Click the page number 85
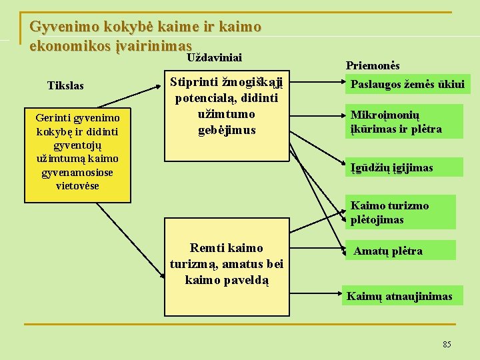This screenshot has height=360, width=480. [447, 344]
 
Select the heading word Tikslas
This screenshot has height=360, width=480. [66, 86]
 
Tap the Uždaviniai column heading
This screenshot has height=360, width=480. [214, 58]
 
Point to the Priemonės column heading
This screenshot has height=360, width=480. [373, 65]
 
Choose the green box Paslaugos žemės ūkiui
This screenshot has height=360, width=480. [407, 85]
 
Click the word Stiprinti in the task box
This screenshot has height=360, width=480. [193, 83]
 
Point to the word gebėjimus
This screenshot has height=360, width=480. [227, 130]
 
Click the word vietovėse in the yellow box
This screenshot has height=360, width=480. [78, 186]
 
